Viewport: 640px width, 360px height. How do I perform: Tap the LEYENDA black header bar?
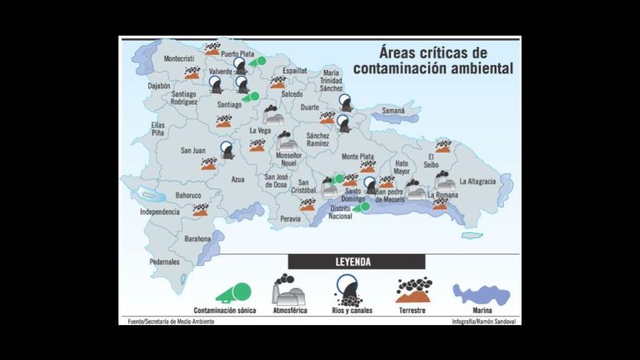click(x=356, y=262)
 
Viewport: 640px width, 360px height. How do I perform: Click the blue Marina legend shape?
click(x=481, y=294)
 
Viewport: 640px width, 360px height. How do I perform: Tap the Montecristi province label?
click(x=179, y=59)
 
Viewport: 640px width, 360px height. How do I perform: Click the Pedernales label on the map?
click(x=164, y=261)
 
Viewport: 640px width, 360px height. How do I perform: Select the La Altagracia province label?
click(x=478, y=181)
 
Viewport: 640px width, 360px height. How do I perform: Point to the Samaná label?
click(x=393, y=111)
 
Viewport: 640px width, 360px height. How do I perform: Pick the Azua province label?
click(x=238, y=180)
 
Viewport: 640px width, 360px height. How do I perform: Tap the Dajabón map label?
click(x=159, y=86)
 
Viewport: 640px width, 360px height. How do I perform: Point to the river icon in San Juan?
click(x=227, y=149)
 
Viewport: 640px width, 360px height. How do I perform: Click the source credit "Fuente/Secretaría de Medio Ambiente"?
click(x=166, y=321)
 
